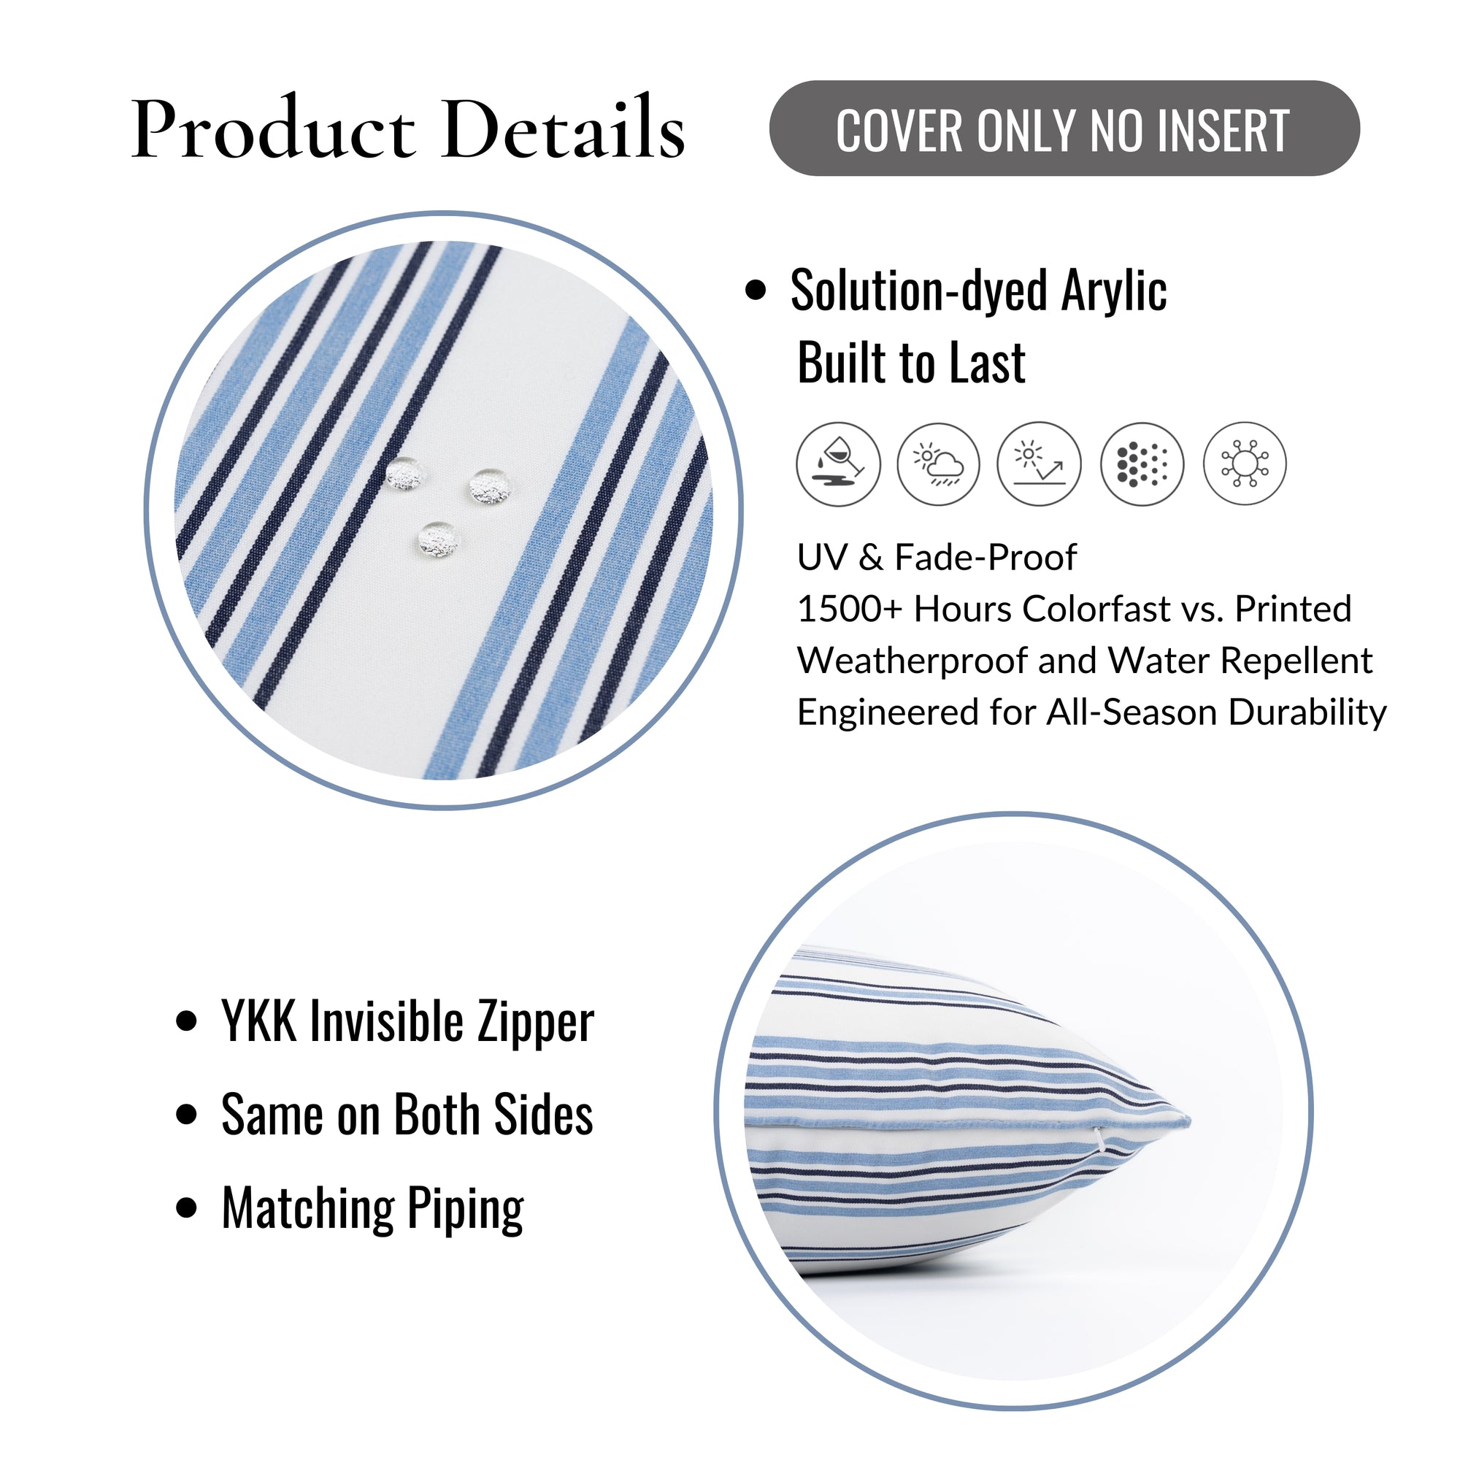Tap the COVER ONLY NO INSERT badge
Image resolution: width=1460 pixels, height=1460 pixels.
click(x=1064, y=128)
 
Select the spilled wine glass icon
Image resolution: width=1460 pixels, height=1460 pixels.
click(x=838, y=464)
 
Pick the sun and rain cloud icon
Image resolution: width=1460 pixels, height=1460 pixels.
click(x=939, y=464)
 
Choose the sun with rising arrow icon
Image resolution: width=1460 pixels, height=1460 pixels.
click(x=1039, y=464)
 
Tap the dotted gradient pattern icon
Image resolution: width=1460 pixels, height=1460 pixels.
click(x=1142, y=464)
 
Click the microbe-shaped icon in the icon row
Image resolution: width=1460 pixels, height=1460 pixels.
click(x=1245, y=464)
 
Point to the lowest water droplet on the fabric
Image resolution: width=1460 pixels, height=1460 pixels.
click(x=439, y=540)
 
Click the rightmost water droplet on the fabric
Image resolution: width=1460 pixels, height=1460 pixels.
click(x=491, y=488)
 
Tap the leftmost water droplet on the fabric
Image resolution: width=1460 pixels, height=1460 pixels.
click(x=406, y=474)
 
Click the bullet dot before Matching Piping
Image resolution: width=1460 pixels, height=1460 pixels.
click(x=186, y=1207)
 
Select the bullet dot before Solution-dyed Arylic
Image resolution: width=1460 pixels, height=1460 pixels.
click(x=755, y=291)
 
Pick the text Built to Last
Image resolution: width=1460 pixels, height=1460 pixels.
click(x=910, y=363)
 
